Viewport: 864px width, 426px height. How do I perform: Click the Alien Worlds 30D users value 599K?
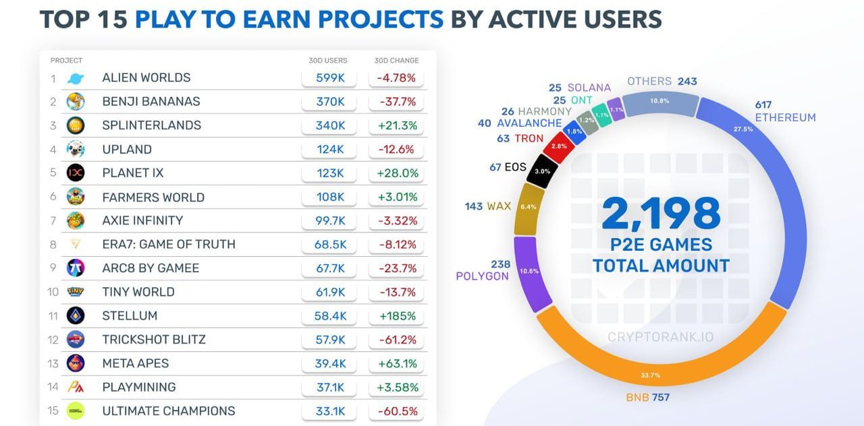pyautogui.click(x=331, y=78)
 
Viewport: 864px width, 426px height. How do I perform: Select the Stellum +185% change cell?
pyautogui.click(x=396, y=315)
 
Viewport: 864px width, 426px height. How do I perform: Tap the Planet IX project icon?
pyautogui.click(x=76, y=173)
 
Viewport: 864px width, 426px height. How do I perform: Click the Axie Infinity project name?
pyautogui.click(x=142, y=220)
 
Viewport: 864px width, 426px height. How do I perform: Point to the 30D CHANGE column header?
pyautogui.click(x=396, y=61)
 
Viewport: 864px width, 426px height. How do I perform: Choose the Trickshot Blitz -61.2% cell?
pyautogui.click(x=396, y=339)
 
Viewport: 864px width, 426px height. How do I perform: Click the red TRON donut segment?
pyautogui.click(x=558, y=146)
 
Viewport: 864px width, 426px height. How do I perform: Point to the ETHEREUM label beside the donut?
pyautogui.click(x=785, y=117)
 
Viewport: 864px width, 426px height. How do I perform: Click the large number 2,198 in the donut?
pyautogui.click(x=661, y=214)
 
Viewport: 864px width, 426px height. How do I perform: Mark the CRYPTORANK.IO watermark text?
pyautogui.click(x=660, y=336)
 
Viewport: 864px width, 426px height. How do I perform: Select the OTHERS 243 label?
pyautogui.click(x=661, y=82)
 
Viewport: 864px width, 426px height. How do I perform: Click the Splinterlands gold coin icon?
pyautogui.click(x=76, y=125)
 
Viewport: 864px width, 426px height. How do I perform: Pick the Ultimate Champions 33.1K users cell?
pyautogui.click(x=331, y=410)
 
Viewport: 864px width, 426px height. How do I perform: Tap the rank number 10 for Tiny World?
pyautogui.click(x=53, y=292)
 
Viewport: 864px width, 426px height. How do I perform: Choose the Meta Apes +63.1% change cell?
pyautogui.click(x=396, y=363)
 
